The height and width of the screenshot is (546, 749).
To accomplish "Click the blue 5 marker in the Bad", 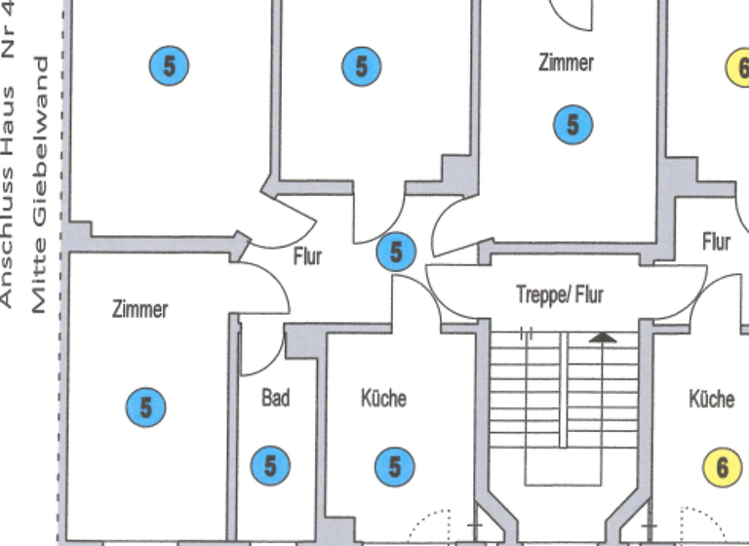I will pyautogui.click(x=270, y=466).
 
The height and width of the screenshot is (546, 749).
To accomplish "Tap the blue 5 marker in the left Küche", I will pyautogui.click(x=394, y=466).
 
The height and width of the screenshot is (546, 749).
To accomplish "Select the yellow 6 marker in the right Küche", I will pyautogui.click(x=722, y=466).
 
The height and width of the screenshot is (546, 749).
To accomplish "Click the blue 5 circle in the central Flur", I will pyautogui.click(x=396, y=252).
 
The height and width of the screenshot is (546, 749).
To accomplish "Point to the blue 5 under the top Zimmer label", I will pyautogui.click(x=572, y=124).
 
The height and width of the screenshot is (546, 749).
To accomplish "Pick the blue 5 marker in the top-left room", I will pyautogui.click(x=169, y=66).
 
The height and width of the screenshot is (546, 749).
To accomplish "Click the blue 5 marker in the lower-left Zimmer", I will pyautogui.click(x=145, y=406).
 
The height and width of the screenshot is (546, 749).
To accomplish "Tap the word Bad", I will pyautogui.click(x=275, y=398).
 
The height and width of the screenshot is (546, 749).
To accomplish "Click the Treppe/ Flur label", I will pyautogui.click(x=559, y=292).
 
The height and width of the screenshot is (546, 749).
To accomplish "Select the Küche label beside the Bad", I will pyautogui.click(x=383, y=398).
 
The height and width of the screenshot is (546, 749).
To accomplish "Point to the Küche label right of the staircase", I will pyautogui.click(x=711, y=399).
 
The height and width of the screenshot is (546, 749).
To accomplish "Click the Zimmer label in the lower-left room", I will pyautogui.click(x=139, y=309).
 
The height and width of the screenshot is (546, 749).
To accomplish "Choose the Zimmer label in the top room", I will pyautogui.click(x=566, y=62).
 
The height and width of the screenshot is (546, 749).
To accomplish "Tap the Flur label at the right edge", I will pyautogui.click(x=716, y=241).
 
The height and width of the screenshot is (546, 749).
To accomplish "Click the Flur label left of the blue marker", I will pyautogui.click(x=307, y=256).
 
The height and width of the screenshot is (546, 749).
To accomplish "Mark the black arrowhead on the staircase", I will pyautogui.click(x=604, y=337).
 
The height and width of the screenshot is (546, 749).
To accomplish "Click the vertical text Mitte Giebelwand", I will pyautogui.click(x=40, y=185).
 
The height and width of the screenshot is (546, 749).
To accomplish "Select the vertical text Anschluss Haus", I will pyautogui.click(x=8, y=195).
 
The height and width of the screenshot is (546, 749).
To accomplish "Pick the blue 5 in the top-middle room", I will pyautogui.click(x=361, y=66).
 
